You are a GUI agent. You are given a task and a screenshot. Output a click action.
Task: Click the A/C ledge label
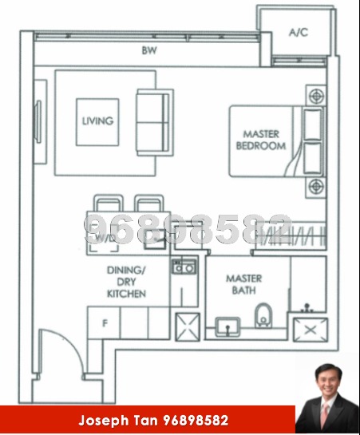pos(298,33)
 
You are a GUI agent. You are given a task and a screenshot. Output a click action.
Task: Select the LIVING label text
pos(97,121)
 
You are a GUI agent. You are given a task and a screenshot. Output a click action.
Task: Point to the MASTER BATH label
pos(243,284)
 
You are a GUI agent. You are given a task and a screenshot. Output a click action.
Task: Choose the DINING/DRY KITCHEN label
pos(127,283)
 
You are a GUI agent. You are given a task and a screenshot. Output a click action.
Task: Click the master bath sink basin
pos(228,326)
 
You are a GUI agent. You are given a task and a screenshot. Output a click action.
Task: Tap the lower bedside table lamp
pos(317,187)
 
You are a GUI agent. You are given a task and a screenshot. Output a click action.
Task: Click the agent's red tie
pos(326,414)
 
